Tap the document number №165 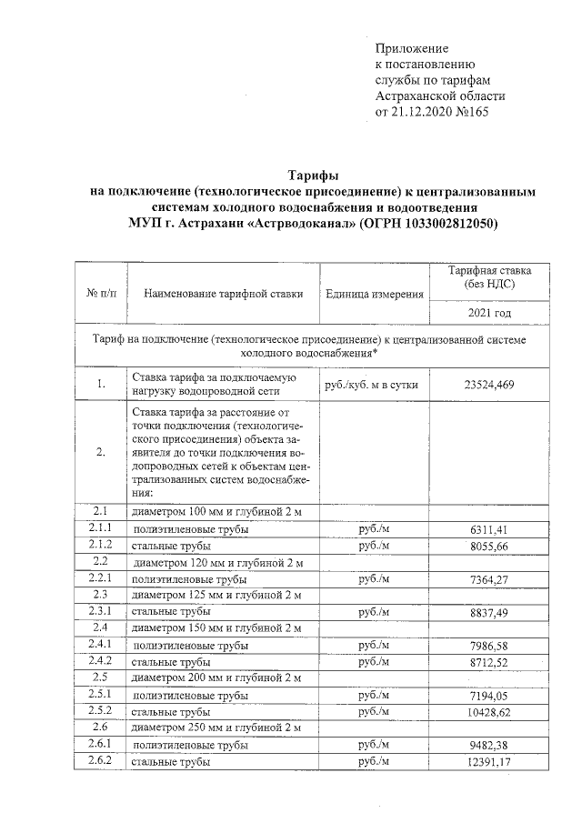(x=486, y=113)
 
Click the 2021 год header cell (x=490, y=313)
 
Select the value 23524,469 (x=490, y=385)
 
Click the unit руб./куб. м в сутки (x=372, y=385)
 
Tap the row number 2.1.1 (x=100, y=528)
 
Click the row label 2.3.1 (x=100, y=612)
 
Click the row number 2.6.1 (x=100, y=745)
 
